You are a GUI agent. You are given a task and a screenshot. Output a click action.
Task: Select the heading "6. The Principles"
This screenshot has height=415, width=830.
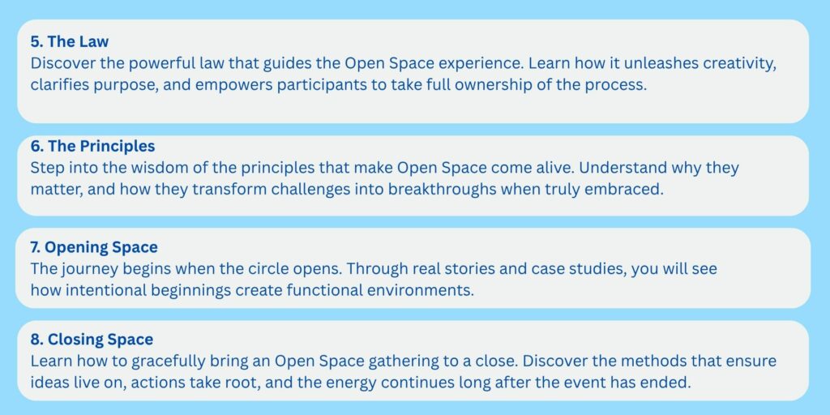pyautogui.click(x=92, y=146)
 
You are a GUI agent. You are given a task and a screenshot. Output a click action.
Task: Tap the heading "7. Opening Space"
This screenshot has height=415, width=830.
pyautogui.click(x=94, y=247)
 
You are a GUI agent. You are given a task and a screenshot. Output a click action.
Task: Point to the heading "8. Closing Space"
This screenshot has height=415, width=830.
pyautogui.click(x=92, y=339)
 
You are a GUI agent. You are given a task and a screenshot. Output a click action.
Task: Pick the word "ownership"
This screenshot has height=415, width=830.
pyautogui.click(x=537, y=85)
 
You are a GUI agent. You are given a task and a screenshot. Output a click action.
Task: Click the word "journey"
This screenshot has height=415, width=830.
pyautogui.click(x=88, y=269)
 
